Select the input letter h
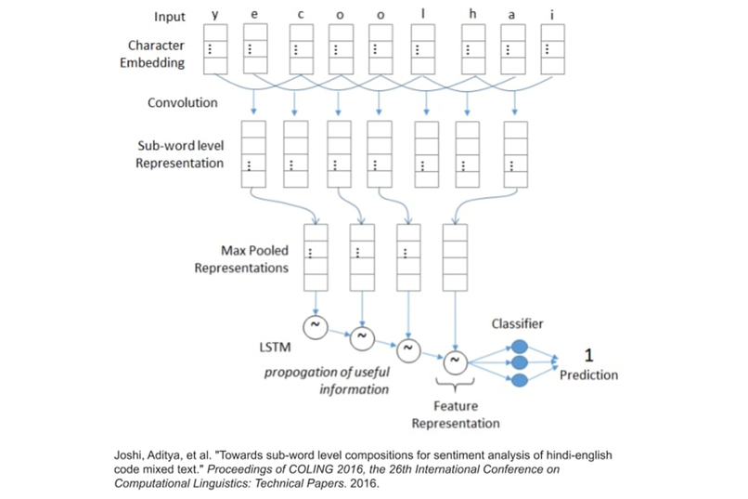(x=473, y=17)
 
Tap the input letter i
(x=553, y=17)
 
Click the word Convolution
(x=183, y=102)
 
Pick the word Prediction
(x=588, y=374)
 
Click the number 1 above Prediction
(x=588, y=355)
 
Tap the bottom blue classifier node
(x=519, y=380)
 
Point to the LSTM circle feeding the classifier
(x=454, y=361)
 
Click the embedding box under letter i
(x=553, y=50)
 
